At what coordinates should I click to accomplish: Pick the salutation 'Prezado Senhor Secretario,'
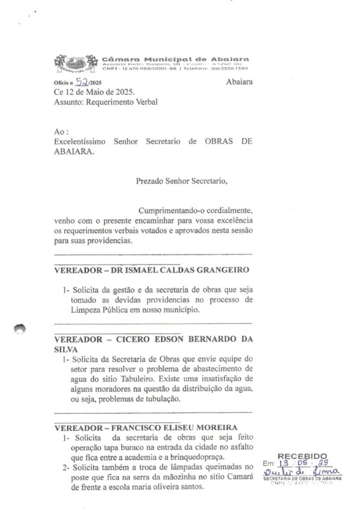point(181,181)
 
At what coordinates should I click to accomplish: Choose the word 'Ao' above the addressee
point(58,132)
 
